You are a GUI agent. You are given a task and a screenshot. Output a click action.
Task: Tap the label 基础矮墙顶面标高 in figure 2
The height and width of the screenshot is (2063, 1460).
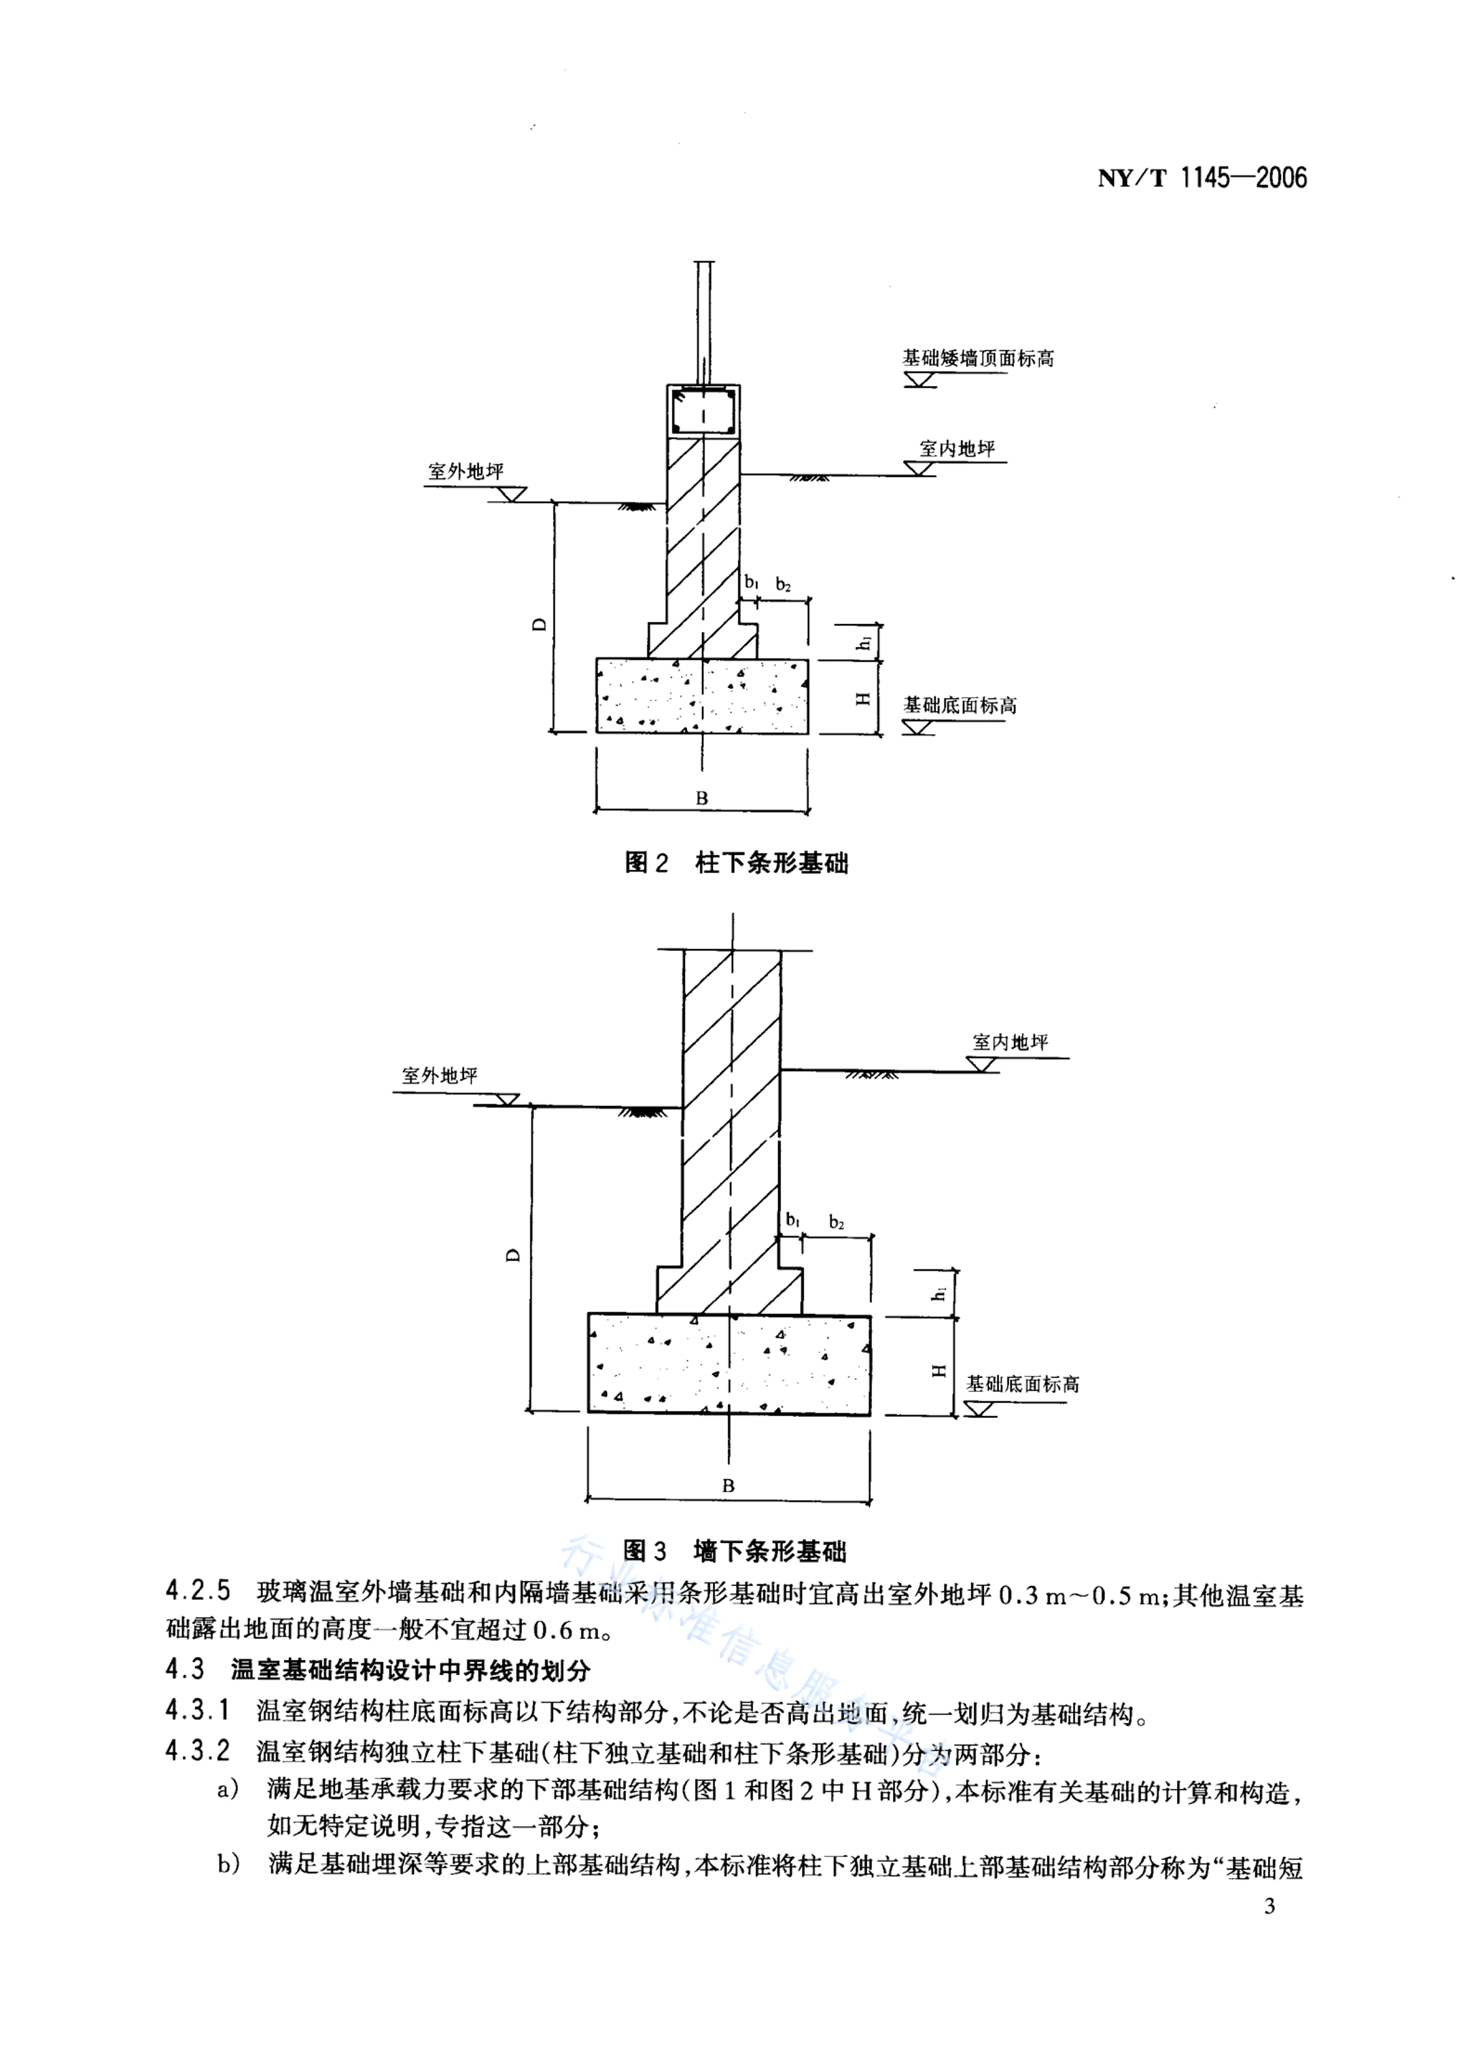(978, 358)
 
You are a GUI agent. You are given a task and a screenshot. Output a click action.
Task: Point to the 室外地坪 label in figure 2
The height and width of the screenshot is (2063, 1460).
(465, 471)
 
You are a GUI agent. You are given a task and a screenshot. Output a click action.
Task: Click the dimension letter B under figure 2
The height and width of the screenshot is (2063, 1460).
(702, 797)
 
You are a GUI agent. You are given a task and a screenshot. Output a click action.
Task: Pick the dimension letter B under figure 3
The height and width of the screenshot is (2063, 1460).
(728, 1486)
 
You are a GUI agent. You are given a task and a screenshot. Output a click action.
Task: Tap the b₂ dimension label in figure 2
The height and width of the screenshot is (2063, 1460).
(783, 584)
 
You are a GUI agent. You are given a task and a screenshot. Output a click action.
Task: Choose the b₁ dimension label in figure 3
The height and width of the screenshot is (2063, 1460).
(793, 1220)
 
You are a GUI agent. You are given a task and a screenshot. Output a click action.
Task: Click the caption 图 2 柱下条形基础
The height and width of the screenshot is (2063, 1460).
(736, 863)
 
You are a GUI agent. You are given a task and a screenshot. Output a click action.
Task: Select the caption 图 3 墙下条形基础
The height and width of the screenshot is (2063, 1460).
(735, 1550)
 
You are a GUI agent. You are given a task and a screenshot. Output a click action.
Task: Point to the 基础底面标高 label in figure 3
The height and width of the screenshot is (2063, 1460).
(1023, 1385)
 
